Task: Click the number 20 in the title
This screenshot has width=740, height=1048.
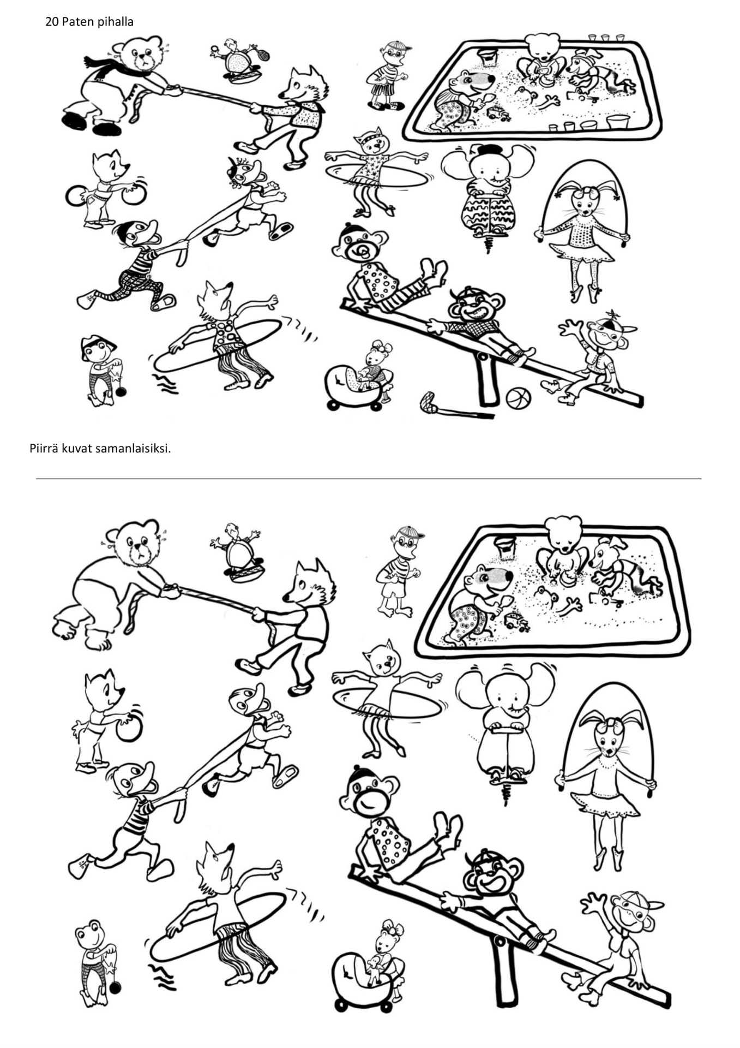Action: click(x=52, y=22)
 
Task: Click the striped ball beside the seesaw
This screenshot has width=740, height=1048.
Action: click(x=518, y=398)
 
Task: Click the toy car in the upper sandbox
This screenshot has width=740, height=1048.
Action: click(x=498, y=114)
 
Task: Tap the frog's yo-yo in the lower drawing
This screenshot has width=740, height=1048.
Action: click(x=115, y=988)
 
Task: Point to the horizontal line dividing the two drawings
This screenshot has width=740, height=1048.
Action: click(x=369, y=479)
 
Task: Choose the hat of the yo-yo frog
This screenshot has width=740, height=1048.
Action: click(x=98, y=344)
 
